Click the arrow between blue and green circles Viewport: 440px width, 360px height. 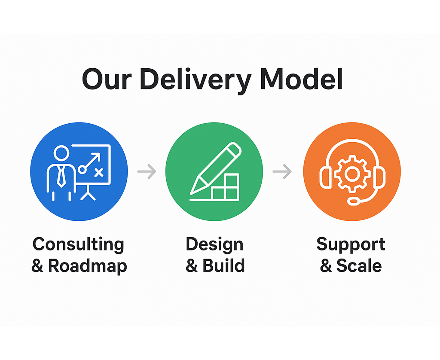(147, 172)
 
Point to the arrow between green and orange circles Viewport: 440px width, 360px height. (282, 172)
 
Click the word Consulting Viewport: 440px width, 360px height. (78, 245)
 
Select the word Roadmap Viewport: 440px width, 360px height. (88, 266)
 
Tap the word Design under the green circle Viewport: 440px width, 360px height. (214, 245)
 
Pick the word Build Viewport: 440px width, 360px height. (223, 266)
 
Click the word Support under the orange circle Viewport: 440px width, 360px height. (351, 245)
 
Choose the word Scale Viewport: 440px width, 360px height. (359, 266)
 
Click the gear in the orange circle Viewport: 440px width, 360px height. (352, 173)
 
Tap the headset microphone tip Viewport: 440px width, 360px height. (353, 200)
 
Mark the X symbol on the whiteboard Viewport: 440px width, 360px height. (99, 173)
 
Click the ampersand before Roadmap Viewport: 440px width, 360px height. (38, 266)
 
